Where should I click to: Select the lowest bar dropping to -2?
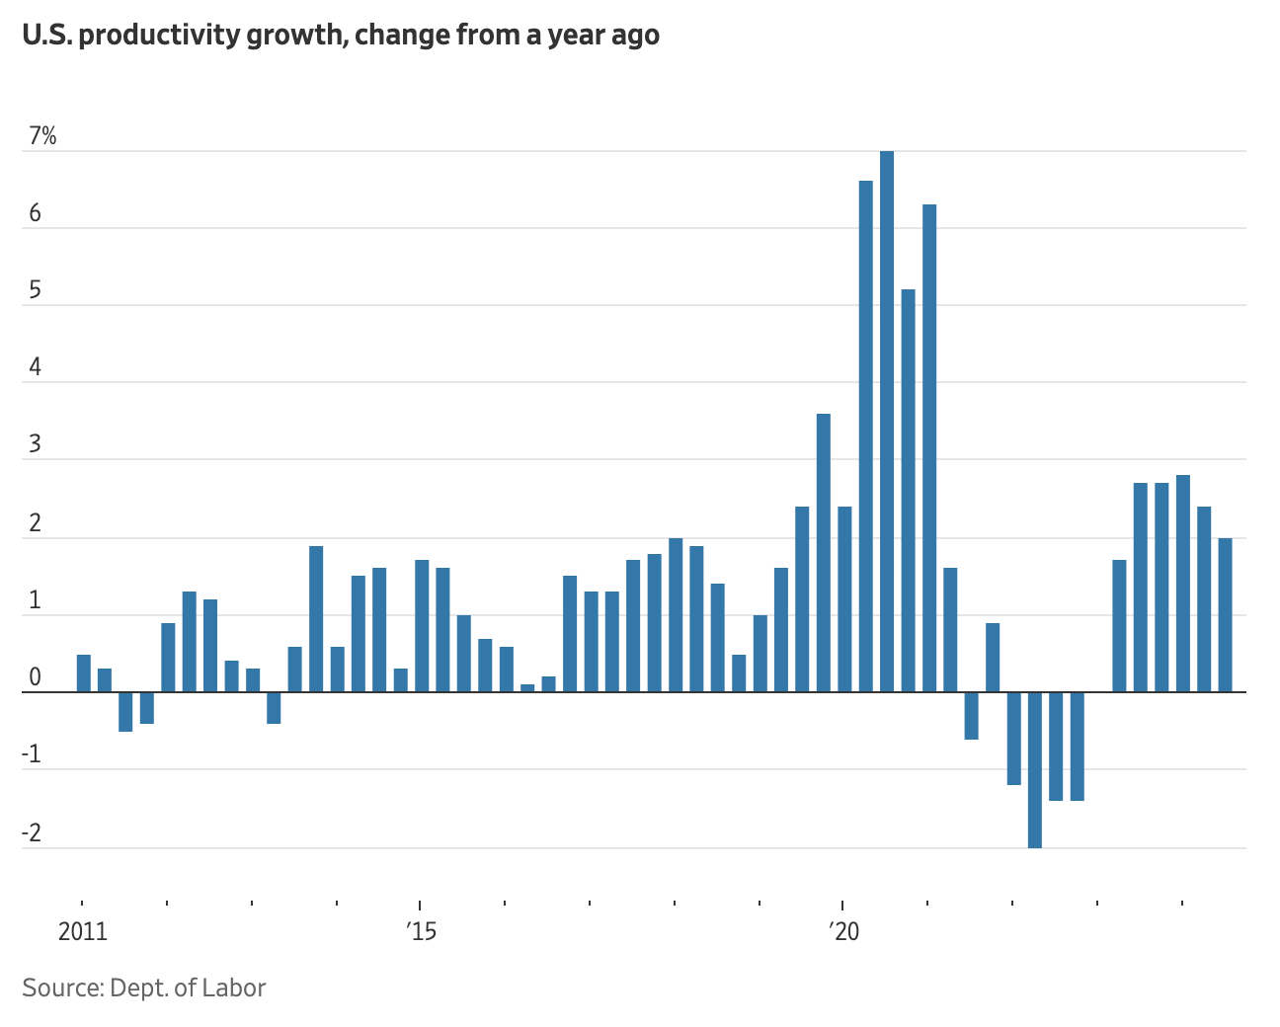(x=1035, y=769)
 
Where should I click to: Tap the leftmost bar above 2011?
(x=84, y=673)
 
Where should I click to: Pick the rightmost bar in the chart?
(x=1225, y=615)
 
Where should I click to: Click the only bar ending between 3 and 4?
(x=824, y=553)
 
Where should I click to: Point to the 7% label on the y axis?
(x=42, y=137)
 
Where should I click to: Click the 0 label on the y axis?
(x=36, y=678)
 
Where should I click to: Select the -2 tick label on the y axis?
(x=33, y=833)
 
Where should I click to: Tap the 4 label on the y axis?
(x=36, y=368)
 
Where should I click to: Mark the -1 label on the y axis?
(x=33, y=755)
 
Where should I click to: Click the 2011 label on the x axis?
(x=83, y=932)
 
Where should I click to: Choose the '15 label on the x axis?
(x=421, y=932)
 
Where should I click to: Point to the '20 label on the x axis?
(x=843, y=932)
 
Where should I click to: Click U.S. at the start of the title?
(x=45, y=36)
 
